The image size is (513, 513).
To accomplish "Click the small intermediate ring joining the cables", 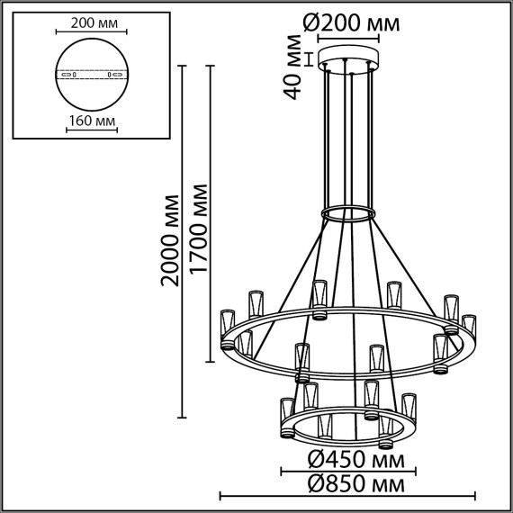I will pyautogui.click(x=347, y=214).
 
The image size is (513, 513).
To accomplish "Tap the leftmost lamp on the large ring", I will pyautogui.click(x=227, y=329).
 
